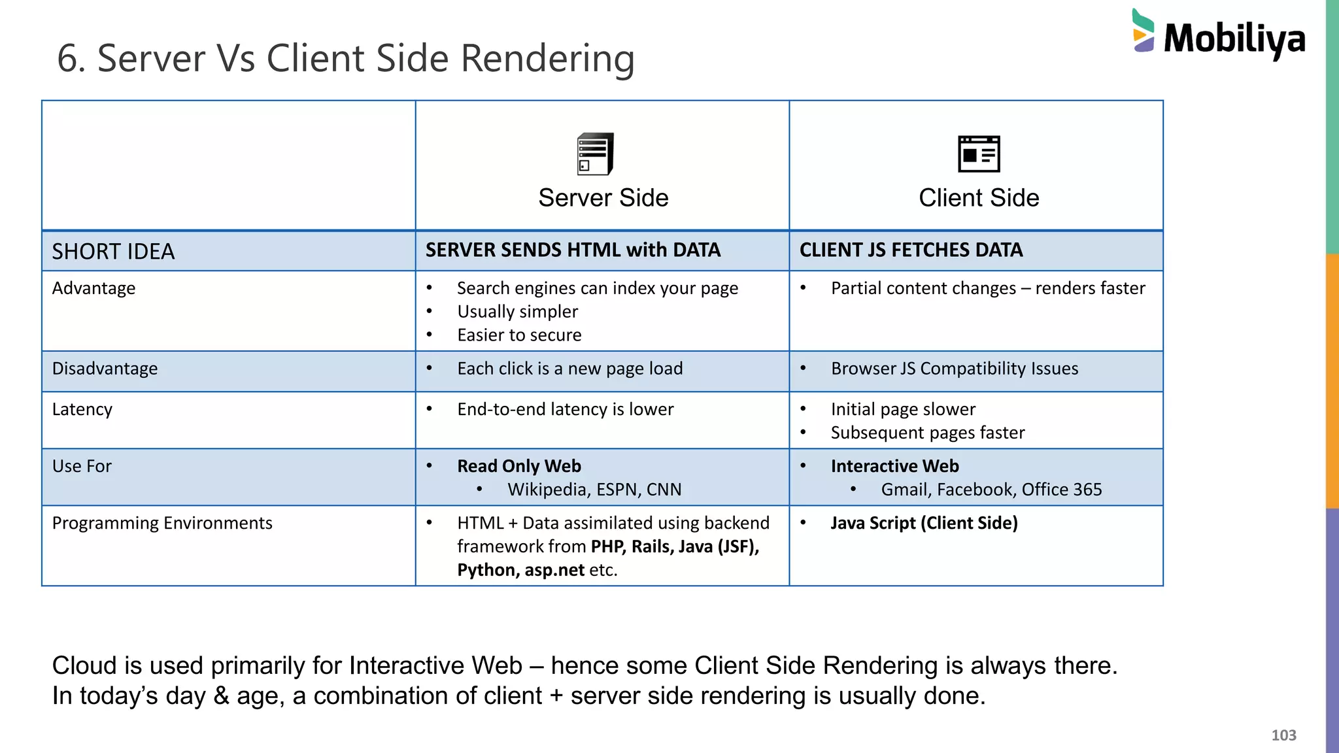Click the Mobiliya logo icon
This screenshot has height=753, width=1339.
click(x=1144, y=31)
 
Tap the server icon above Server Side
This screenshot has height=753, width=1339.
click(x=595, y=154)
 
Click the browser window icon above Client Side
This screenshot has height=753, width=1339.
click(x=979, y=154)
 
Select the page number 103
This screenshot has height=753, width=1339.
click(x=1283, y=735)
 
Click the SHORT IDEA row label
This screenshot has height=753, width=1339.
click(x=113, y=252)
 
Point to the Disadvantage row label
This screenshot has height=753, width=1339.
click(x=105, y=369)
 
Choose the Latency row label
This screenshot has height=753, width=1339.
click(x=82, y=409)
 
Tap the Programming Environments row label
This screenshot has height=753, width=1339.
click(x=162, y=523)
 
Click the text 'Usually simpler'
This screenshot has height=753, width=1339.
click(x=517, y=312)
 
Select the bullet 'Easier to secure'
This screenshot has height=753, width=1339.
click(x=519, y=335)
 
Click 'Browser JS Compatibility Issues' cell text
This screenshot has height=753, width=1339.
click(x=955, y=369)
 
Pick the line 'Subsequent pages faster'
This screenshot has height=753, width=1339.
click(x=928, y=433)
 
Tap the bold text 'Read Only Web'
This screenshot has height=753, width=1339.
click(x=519, y=466)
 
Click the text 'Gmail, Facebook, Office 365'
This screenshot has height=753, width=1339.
click(x=991, y=490)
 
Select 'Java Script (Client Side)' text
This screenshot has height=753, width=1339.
click(x=924, y=523)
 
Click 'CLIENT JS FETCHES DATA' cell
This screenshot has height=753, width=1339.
click(x=911, y=250)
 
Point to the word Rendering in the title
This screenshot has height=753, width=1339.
click(x=547, y=59)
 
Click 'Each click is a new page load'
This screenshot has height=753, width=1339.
click(x=569, y=369)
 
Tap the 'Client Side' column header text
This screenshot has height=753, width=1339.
click(x=979, y=198)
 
